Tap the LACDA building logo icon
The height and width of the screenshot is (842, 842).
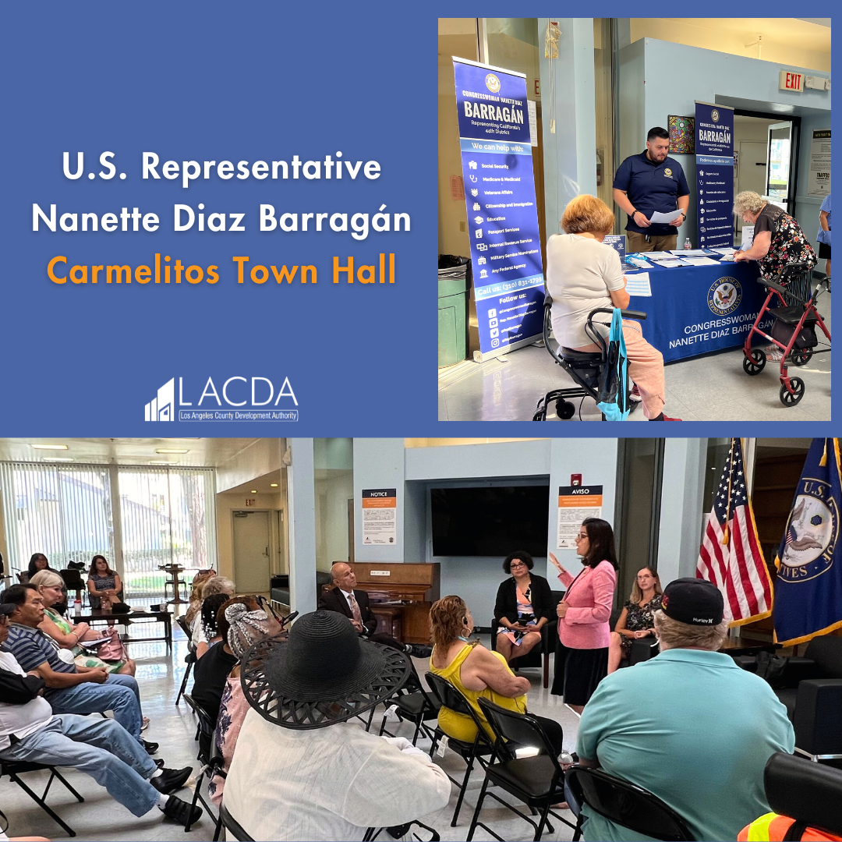[x=159, y=400]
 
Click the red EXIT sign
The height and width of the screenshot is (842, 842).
[x=791, y=81]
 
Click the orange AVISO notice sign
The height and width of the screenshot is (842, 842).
[x=579, y=515]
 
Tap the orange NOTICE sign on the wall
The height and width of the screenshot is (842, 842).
[x=379, y=515]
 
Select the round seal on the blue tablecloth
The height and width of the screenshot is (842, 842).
[x=723, y=295]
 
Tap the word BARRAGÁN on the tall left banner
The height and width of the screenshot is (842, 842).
[x=493, y=108]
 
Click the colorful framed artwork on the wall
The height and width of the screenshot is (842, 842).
[x=681, y=134]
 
